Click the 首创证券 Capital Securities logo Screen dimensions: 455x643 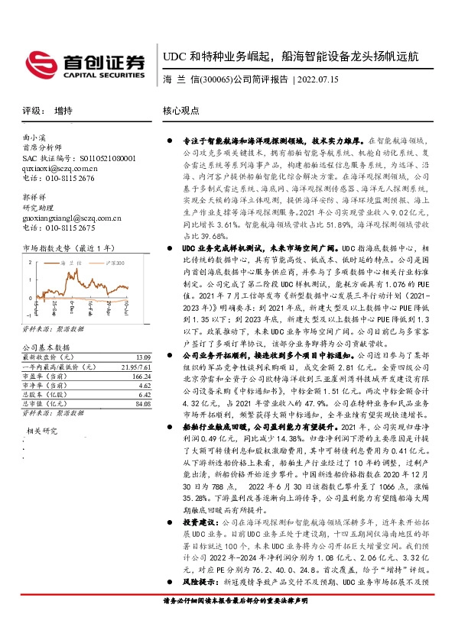pos(85,63)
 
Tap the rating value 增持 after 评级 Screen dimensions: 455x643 pos(64,111)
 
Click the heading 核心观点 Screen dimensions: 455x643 pos(181,111)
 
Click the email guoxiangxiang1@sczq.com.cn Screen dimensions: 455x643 pos(68,217)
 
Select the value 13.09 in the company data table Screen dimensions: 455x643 pos(141,357)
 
